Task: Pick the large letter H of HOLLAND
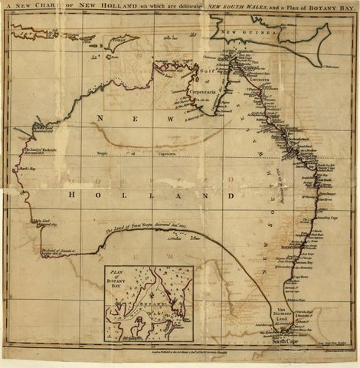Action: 74,195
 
